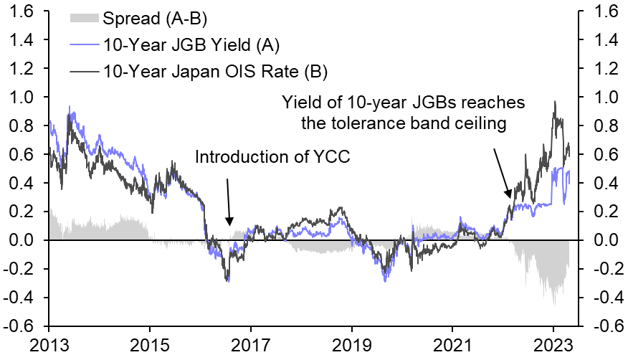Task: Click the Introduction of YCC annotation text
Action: click(x=272, y=157)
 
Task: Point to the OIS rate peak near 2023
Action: click(x=554, y=103)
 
